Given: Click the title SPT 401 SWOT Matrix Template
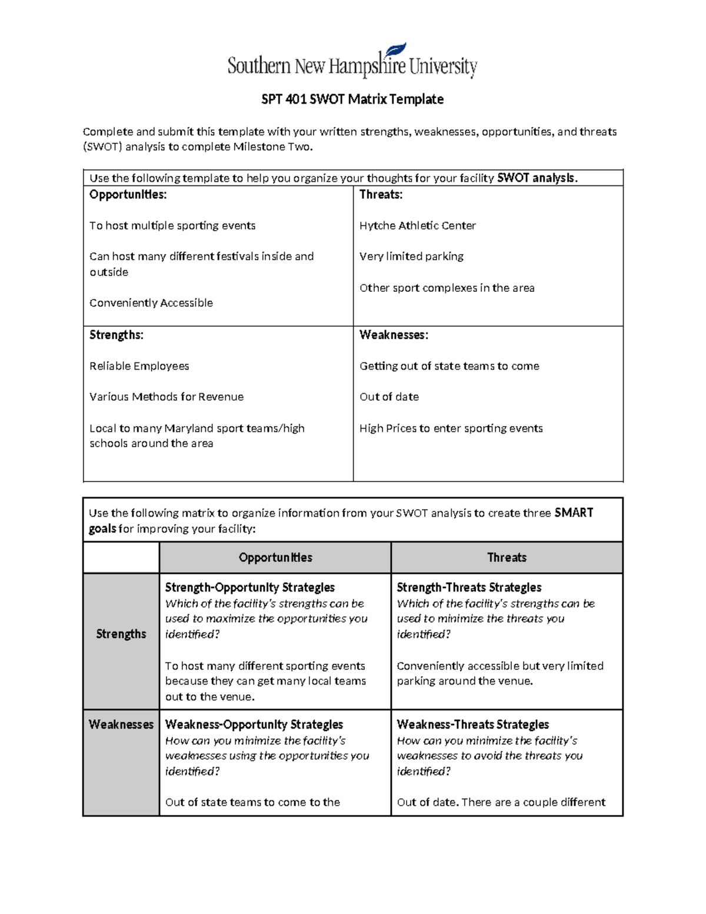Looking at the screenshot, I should click(x=352, y=99).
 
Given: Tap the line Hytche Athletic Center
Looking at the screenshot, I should click(x=417, y=225).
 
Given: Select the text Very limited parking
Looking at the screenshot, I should click(x=411, y=257).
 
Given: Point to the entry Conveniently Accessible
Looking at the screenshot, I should click(x=151, y=303).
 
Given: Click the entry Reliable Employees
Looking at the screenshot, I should click(x=139, y=366).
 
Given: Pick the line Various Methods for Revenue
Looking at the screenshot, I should click(x=166, y=397).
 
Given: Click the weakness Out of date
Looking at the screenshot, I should click(x=389, y=397).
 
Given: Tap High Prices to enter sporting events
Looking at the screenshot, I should click(x=451, y=428).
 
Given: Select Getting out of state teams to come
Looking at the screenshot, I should click(x=449, y=366).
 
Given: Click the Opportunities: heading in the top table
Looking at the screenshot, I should click(x=128, y=195).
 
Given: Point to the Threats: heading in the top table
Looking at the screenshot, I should click(x=381, y=195).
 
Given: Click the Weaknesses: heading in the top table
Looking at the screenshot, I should click(x=394, y=335).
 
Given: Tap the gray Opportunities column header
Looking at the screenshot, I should click(x=275, y=557).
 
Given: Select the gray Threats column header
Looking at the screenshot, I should click(x=507, y=557).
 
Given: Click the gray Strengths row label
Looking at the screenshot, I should click(x=121, y=634).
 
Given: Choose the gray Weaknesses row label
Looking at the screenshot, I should click(x=121, y=724).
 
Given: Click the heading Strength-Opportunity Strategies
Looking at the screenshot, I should click(x=249, y=587).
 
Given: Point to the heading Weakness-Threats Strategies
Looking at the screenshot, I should click(x=472, y=724).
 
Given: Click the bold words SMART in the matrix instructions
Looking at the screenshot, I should click(x=573, y=513).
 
